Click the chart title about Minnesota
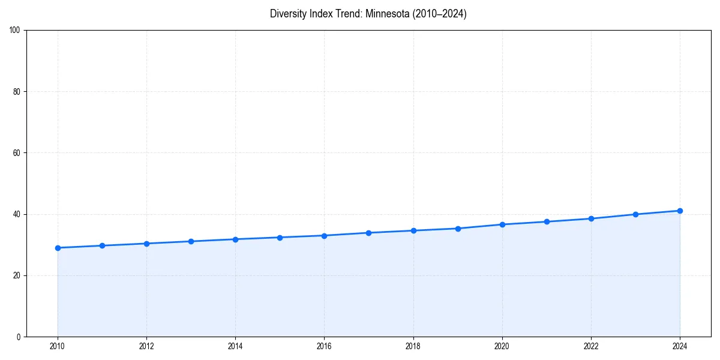[368, 14]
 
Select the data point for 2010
[58, 248]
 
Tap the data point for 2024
[680, 211]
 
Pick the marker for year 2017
[368, 233]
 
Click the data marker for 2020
[502, 224]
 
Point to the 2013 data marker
[191, 241]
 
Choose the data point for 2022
[591, 218]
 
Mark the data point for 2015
[280, 238]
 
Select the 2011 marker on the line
[102, 245]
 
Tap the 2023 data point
[635, 214]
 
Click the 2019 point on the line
[458, 229]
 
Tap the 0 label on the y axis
[19, 337]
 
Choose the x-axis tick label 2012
[146, 346]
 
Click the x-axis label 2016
[324, 346]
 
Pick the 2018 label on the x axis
[413, 346]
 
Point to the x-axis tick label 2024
[680, 346]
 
